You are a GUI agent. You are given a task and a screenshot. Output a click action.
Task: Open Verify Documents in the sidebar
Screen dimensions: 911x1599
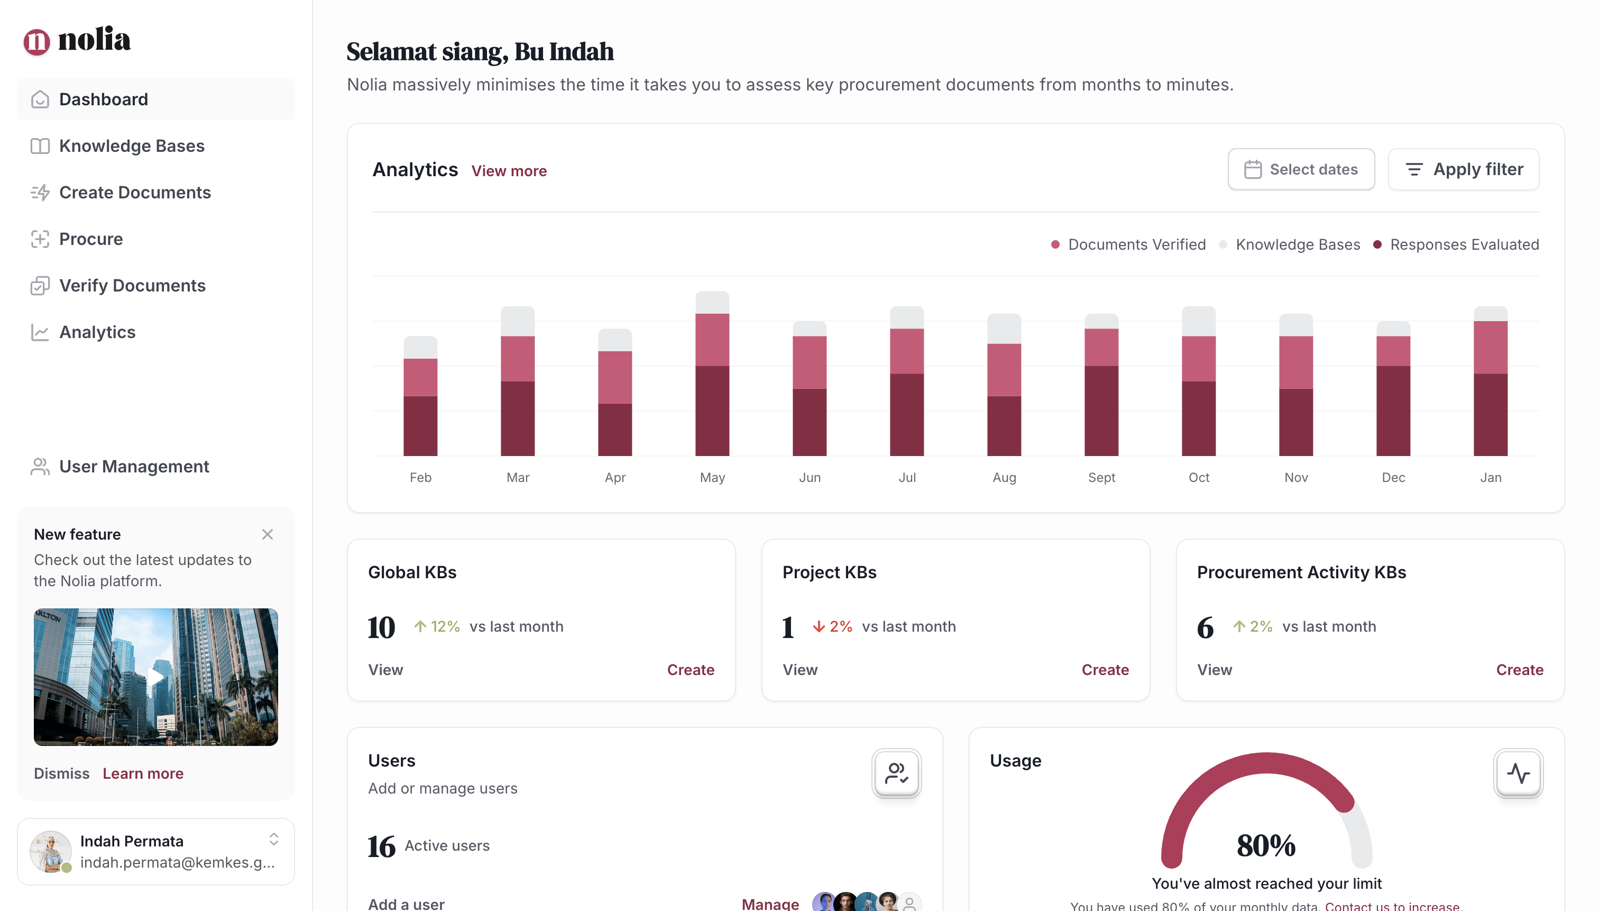[x=132, y=285]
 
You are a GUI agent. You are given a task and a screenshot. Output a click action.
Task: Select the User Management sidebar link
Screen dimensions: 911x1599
[x=134, y=466]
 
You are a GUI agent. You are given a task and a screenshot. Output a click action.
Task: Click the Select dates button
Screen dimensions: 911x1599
[x=1301, y=169]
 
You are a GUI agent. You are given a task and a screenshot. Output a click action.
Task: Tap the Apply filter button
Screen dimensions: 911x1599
[x=1463, y=169]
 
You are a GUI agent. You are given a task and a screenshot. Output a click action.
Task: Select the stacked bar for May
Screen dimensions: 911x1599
[x=712, y=376]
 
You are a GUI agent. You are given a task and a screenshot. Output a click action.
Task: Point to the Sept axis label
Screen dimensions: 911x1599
[x=1101, y=477]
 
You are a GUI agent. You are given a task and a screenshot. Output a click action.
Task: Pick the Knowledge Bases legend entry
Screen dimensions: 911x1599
[x=1297, y=244]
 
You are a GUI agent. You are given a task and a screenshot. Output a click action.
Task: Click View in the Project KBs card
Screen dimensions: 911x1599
[x=800, y=669]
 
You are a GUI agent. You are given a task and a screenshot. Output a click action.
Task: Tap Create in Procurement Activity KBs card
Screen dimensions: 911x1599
[x=1519, y=669]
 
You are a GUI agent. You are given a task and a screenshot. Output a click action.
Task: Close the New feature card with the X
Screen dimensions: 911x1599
[x=267, y=534]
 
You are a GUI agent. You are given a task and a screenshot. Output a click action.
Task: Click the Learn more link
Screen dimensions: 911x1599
[x=143, y=773]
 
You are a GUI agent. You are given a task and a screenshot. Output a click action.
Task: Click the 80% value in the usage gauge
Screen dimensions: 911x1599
[x=1266, y=845]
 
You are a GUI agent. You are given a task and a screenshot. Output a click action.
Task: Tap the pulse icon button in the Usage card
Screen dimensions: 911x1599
[x=1518, y=773]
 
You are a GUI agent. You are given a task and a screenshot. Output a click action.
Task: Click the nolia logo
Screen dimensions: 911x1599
[x=77, y=40]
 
